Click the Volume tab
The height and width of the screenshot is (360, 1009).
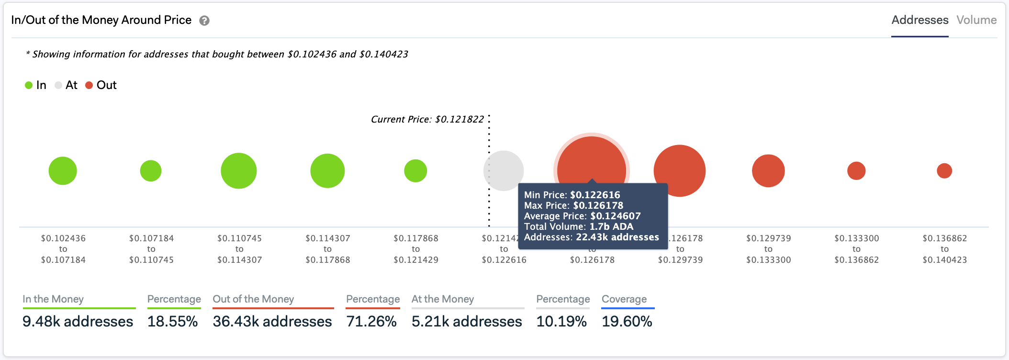click(x=976, y=20)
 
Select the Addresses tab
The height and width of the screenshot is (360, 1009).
click(x=919, y=20)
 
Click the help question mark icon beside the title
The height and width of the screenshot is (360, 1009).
click(x=204, y=21)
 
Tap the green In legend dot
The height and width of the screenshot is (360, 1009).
click(x=29, y=85)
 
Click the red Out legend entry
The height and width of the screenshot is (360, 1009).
click(x=101, y=85)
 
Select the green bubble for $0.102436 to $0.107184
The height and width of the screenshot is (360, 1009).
click(x=63, y=170)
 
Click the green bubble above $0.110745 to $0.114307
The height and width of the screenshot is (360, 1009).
click(x=239, y=170)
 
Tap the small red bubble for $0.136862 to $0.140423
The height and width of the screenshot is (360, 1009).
click(x=944, y=170)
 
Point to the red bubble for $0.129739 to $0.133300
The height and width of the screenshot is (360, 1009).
click(x=768, y=170)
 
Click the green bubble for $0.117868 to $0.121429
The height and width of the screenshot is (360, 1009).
click(x=415, y=170)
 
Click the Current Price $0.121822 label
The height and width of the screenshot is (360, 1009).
click(x=427, y=119)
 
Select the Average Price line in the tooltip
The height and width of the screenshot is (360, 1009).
click(x=582, y=216)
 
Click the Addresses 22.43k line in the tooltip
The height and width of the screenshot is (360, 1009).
click(x=591, y=237)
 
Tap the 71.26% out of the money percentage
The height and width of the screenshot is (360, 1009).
click(x=371, y=321)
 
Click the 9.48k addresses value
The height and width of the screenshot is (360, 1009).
click(x=78, y=321)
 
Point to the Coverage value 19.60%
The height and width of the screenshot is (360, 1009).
click(x=627, y=321)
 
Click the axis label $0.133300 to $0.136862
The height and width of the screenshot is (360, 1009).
click(x=856, y=249)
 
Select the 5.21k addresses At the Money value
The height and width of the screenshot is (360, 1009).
click(x=467, y=321)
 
